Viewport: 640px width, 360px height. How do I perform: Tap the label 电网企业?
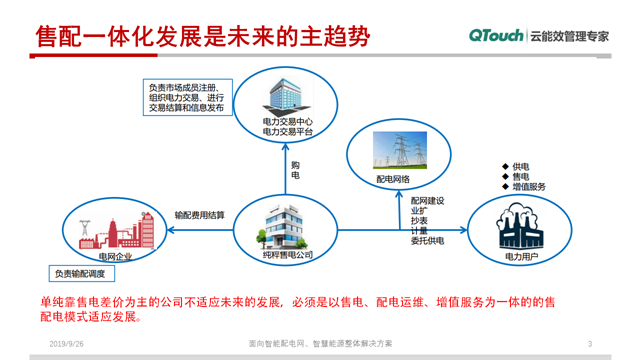[110, 256]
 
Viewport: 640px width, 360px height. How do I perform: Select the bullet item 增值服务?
[528, 187]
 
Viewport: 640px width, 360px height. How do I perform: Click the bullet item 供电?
[520, 165]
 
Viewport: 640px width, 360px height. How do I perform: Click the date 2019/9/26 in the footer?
[67, 344]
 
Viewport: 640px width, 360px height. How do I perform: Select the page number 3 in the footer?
[590, 344]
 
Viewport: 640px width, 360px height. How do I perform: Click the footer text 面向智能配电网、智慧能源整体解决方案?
[320, 344]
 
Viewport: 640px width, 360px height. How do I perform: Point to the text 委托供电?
[427, 240]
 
